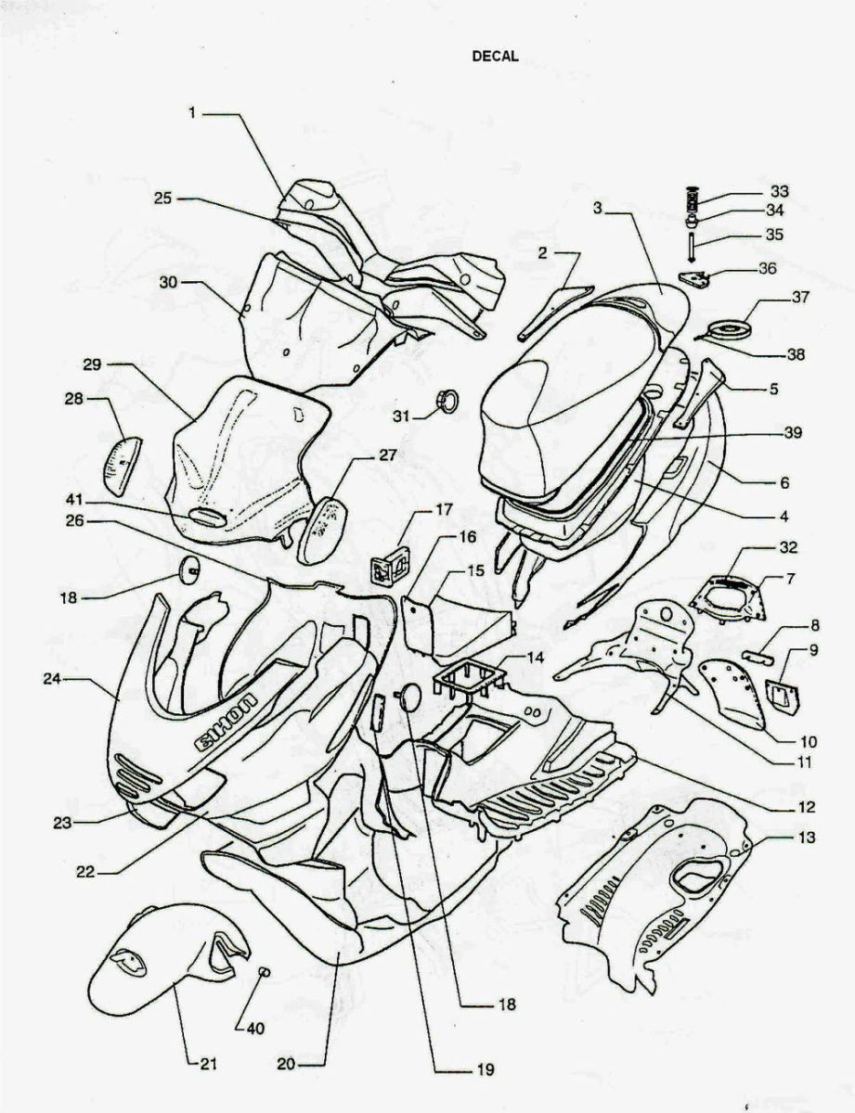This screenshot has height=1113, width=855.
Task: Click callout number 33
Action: (780, 191)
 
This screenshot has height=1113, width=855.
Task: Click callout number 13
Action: (805, 838)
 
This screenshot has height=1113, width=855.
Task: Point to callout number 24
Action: (51, 679)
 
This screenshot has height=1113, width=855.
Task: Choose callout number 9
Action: (814, 651)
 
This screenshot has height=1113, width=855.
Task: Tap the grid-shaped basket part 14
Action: (466, 684)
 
